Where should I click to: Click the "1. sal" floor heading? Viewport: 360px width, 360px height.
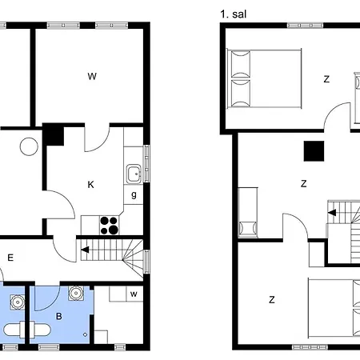pos(233,14)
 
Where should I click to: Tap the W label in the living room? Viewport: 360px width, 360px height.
pos(92,77)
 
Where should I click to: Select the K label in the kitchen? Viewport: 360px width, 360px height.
pos(90,185)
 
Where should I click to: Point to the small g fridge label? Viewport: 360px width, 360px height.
pos(134,195)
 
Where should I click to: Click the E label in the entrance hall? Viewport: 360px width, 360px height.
pos(10,258)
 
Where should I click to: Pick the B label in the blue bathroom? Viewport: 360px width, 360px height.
pos(59,316)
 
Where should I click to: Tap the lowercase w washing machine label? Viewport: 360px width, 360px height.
pos(134,294)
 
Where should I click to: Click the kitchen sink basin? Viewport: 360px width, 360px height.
pos(134,174)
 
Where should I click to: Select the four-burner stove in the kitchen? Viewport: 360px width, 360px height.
pos(110,226)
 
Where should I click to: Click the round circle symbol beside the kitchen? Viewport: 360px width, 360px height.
pos(29,146)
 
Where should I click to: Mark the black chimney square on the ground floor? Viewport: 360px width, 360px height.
pos(54,134)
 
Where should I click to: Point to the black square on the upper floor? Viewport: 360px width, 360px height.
pos(314,151)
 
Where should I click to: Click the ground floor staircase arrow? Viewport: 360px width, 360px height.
pos(85,250)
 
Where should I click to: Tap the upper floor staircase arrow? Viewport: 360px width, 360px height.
pos(332,213)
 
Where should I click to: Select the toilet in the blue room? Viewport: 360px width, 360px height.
pos(27,330)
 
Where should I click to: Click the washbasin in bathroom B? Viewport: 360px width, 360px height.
pos(76,293)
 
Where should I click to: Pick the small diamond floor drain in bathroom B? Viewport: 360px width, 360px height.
pos(85,334)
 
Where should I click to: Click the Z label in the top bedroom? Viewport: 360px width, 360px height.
pos(326,79)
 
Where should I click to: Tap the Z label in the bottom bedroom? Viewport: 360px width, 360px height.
pos(272,300)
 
